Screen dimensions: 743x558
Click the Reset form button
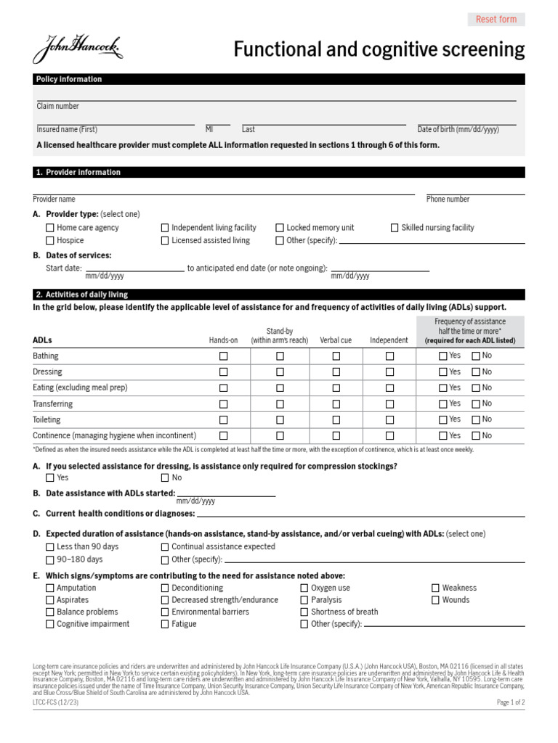click(x=496, y=20)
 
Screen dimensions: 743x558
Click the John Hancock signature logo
click(x=78, y=50)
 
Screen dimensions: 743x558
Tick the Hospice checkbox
click(x=50, y=240)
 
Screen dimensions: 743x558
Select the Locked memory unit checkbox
click(x=280, y=228)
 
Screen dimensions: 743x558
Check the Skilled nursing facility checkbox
click(x=395, y=228)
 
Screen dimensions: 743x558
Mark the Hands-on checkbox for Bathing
click(x=223, y=356)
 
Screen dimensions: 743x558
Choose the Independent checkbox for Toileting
click(x=389, y=420)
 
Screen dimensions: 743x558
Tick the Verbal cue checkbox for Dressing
click(x=336, y=372)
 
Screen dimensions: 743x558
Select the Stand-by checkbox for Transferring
click(x=280, y=404)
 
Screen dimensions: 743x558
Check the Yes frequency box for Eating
click(x=443, y=388)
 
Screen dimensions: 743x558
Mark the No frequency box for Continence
click(x=476, y=435)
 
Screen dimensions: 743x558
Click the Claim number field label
click(x=58, y=106)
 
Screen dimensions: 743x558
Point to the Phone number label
click(x=448, y=199)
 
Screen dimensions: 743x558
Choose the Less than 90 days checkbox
click(x=50, y=547)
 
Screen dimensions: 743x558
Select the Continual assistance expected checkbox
click(x=165, y=547)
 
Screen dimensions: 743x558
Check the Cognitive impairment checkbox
click(x=50, y=624)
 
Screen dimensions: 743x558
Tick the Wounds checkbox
click(x=436, y=600)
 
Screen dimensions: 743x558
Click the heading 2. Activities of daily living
click(x=81, y=295)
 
